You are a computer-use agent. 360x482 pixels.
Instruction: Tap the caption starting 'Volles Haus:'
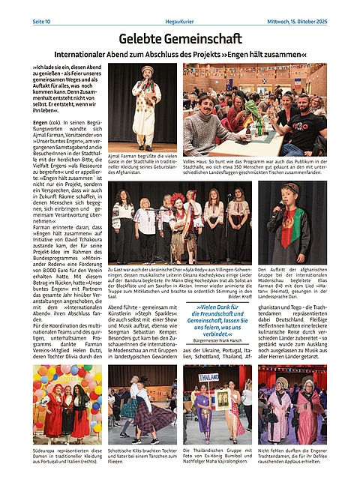[255, 166]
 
